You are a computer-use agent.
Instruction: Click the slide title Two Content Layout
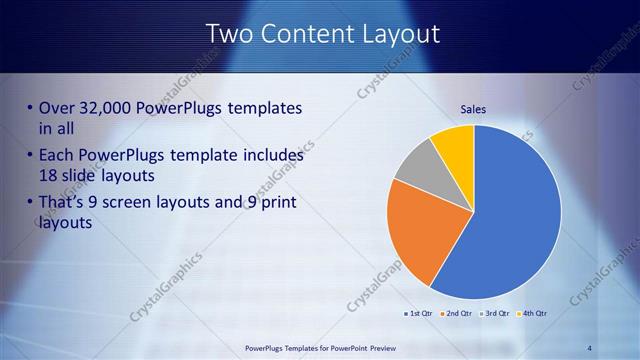click(322, 33)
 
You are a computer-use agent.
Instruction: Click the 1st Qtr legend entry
click(417, 313)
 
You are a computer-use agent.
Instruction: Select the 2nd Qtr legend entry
click(456, 313)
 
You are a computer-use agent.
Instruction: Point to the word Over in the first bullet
click(56, 108)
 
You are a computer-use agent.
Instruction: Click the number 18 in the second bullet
click(49, 175)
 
